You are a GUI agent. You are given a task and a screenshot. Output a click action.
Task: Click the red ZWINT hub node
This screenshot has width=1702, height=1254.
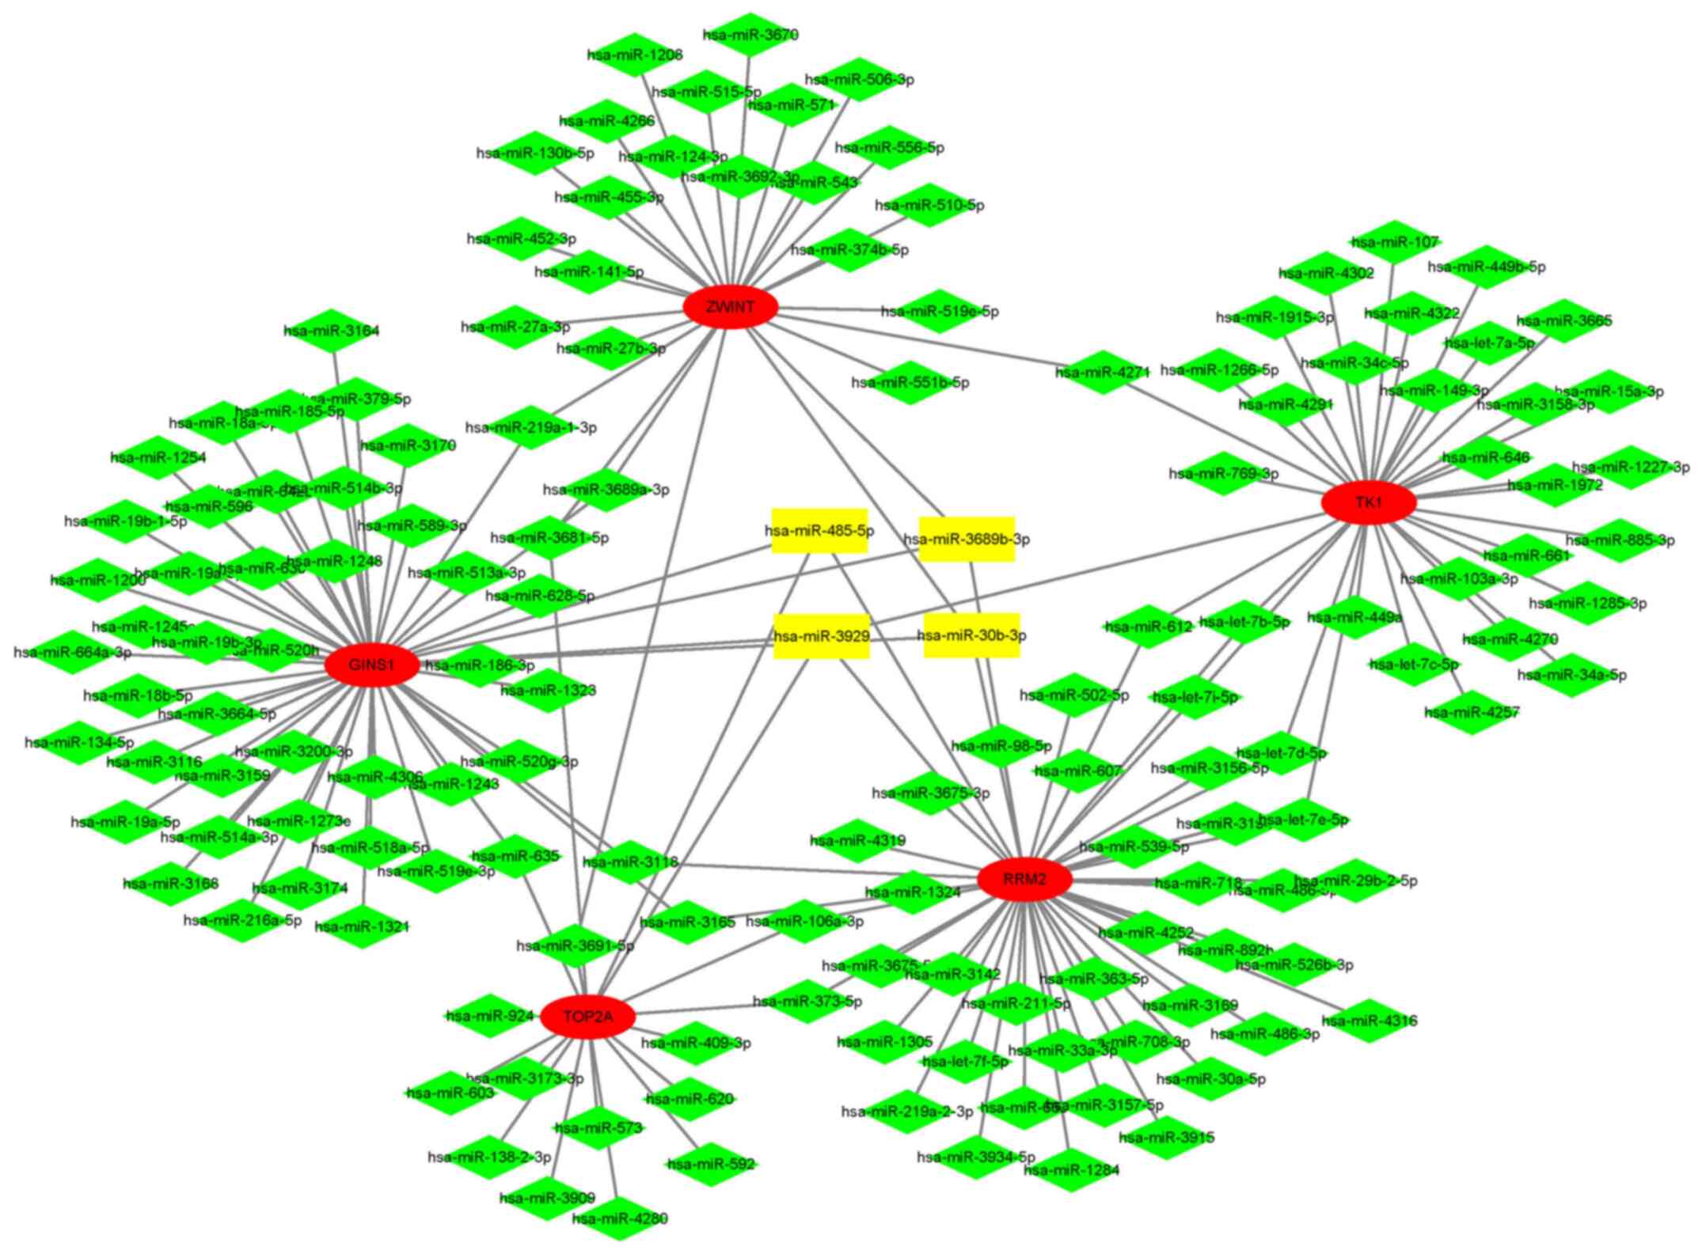(730, 307)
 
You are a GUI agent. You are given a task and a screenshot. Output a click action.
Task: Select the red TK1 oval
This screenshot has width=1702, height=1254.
(1369, 502)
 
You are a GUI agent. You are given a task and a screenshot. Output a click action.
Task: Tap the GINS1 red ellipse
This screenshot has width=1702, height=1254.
(371, 665)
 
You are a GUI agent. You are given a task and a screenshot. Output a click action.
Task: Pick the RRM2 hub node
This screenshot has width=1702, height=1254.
(1024, 879)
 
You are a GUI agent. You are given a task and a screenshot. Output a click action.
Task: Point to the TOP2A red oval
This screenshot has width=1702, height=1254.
(587, 1017)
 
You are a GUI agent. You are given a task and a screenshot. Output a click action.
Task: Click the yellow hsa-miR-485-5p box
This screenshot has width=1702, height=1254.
(819, 531)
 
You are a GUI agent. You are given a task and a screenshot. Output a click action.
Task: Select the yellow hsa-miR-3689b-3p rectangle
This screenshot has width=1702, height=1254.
(967, 539)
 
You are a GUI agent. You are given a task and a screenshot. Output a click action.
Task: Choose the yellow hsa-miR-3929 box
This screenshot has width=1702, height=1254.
(822, 636)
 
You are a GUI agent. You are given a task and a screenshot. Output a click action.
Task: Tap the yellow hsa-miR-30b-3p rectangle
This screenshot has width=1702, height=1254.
(971, 635)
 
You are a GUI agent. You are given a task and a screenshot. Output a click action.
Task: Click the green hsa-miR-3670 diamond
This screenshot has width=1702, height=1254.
(750, 35)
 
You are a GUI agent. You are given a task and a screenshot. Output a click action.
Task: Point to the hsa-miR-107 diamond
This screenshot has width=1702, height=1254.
(1394, 242)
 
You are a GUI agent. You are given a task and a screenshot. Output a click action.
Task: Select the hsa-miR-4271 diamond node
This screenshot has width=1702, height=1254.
(1102, 372)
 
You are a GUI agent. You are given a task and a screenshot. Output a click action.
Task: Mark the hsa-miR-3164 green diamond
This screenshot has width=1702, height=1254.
(332, 331)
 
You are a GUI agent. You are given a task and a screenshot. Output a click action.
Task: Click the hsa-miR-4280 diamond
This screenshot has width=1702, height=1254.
(619, 1218)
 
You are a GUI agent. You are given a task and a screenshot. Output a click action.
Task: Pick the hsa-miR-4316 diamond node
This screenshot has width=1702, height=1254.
(1370, 1021)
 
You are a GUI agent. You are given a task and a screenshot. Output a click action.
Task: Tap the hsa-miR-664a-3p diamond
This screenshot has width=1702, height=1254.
(73, 653)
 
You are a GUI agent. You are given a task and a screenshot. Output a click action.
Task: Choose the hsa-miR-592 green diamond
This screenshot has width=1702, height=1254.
(711, 1164)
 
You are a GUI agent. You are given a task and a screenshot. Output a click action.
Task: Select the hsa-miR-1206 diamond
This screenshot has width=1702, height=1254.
(635, 55)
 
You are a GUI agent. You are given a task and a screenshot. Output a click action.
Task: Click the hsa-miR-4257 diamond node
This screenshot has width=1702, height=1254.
(1472, 713)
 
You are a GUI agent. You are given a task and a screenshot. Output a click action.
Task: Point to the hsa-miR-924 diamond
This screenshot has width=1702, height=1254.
(489, 1016)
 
